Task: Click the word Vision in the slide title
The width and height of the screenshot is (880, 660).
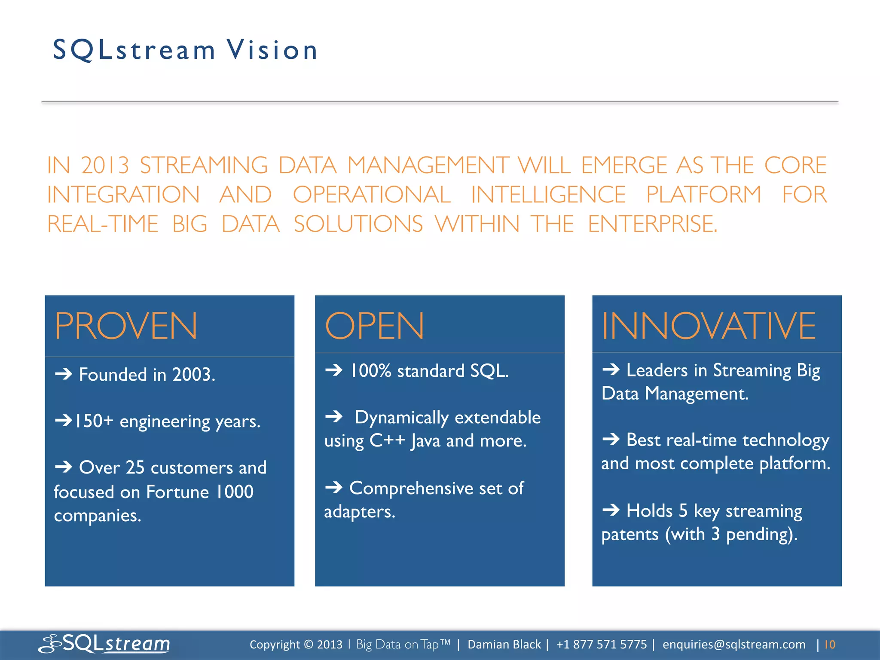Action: (272, 50)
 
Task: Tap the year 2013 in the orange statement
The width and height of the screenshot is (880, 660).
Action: (105, 165)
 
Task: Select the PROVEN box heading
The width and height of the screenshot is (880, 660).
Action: (126, 327)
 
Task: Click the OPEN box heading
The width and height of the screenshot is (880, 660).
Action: (374, 326)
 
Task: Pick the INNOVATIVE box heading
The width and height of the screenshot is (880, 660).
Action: (708, 326)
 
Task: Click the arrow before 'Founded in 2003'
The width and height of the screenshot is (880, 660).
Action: (64, 374)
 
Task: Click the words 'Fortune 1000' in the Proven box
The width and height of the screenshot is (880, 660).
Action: (200, 492)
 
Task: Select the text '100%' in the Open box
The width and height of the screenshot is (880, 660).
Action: (370, 371)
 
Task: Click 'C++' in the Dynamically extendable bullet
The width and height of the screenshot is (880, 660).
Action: (387, 441)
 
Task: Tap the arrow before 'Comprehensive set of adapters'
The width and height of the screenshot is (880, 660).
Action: (334, 488)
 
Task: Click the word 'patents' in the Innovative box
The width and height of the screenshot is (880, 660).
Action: (630, 535)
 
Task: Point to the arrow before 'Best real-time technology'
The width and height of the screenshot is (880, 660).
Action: (611, 439)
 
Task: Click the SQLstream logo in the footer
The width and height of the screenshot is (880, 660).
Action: (104, 644)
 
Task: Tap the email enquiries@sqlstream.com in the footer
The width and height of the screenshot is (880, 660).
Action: (733, 645)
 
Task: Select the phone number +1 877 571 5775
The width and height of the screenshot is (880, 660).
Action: (601, 645)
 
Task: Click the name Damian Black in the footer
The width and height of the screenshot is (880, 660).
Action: (504, 645)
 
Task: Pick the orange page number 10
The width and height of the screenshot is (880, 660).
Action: (830, 645)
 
